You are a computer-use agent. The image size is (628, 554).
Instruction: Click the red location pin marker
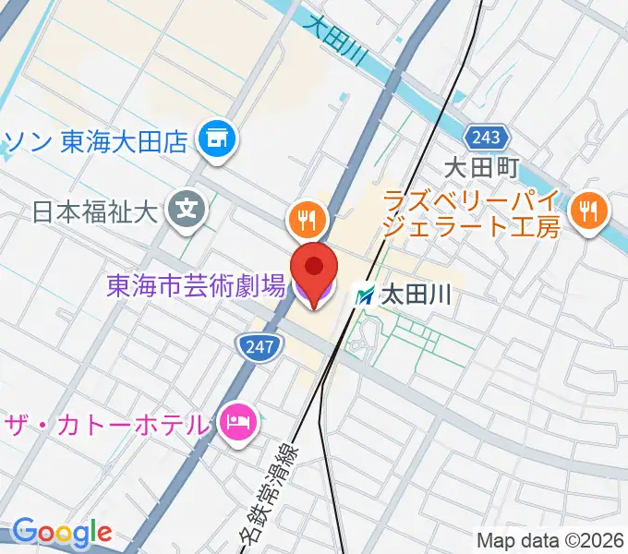(314, 268)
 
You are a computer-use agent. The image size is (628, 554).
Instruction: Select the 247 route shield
(257, 346)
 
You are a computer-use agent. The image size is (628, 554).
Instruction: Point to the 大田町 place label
(482, 169)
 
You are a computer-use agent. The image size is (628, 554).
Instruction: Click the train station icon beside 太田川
(366, 296)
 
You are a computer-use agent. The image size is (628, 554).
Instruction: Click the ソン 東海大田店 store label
(97, 141)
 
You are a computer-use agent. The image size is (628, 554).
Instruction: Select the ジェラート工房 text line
(471, 226)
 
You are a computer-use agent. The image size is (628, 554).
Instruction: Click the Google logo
(62, 532)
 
